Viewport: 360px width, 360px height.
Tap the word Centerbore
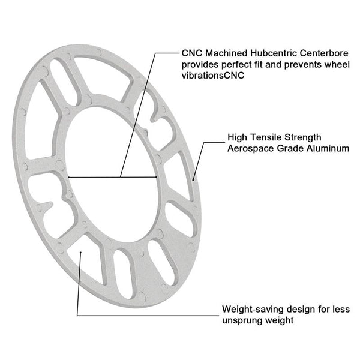[x=324, y=53]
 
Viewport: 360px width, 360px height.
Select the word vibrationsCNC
[x=213, y=76]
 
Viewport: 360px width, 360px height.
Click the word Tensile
[x=266, y=137]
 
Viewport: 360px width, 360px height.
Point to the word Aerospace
[x=250, y=148]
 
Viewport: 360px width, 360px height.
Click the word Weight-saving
[x=253, y=310]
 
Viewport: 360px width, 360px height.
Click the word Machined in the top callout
[x=226, y=53]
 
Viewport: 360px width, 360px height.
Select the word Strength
[x=303, y=137]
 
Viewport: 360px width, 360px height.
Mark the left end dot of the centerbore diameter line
[x=68, y=177]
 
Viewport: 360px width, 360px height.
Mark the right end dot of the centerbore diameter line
[x=157, y=177]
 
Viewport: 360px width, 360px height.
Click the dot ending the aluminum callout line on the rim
[x=193, y=180]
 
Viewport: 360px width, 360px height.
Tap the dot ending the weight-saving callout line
[x=80, y=253]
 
